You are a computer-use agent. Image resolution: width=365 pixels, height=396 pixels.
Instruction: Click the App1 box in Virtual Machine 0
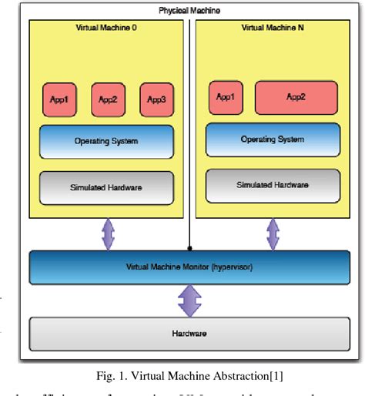coord(59,99)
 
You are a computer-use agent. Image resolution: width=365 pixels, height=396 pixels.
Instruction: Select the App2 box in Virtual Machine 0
coord(108,99)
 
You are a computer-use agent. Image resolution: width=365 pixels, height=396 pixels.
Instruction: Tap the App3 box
coord(156,99)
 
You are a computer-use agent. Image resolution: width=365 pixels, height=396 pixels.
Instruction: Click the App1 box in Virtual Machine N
coord(225,97)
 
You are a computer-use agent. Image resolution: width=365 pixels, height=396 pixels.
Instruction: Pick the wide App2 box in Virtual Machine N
coord(296,97)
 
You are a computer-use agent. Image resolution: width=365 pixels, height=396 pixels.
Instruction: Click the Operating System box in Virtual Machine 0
coord(108,141)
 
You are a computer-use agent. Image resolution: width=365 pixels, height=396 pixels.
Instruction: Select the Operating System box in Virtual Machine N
coord(273,139)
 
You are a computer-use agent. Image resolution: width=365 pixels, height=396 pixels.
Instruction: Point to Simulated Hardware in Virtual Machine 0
coord(108,187)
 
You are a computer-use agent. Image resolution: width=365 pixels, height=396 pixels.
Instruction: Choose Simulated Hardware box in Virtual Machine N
coord(273,185)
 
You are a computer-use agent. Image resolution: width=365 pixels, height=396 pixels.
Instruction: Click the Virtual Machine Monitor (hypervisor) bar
coord(189,267)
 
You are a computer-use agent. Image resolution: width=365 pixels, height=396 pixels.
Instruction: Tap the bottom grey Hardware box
coord(189,334)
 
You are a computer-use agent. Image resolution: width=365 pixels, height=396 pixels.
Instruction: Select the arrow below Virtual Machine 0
coord(108,233)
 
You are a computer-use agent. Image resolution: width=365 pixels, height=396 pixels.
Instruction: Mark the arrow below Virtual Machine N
coord(273,233)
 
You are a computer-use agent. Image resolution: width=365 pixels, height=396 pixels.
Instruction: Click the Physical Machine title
coord(189,10)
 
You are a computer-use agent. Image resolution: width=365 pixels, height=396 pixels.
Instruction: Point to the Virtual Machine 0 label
coord(108,28)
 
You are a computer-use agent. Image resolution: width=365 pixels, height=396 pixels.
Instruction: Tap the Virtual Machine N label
coord(273,28)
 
